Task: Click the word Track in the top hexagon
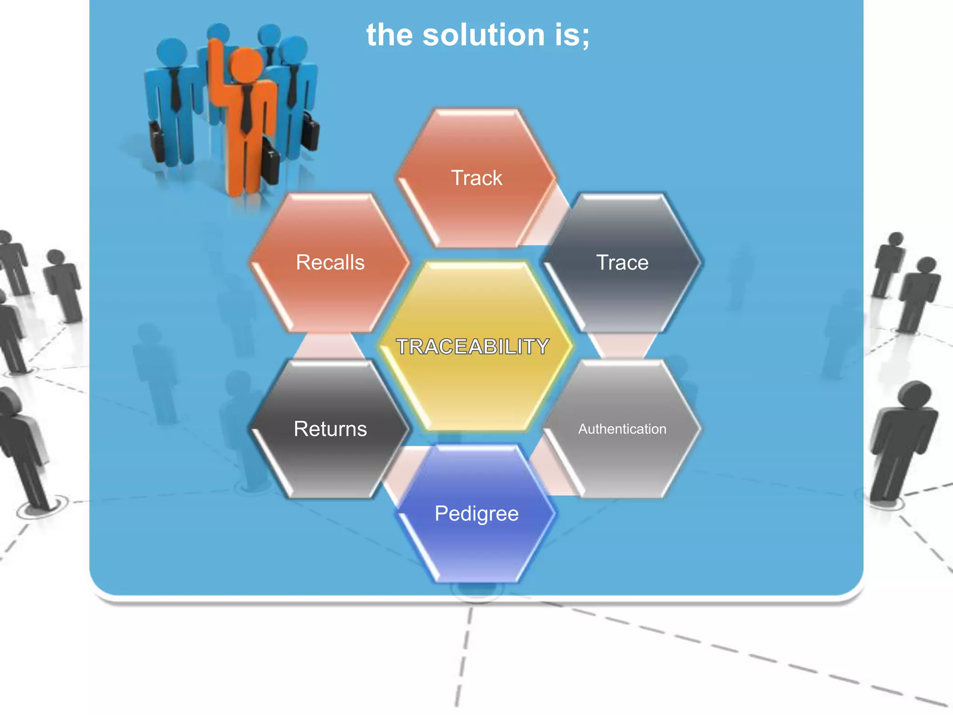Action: (x=476, y=178)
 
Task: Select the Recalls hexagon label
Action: (x=330, y=263)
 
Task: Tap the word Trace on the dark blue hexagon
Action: (x=622, y=263)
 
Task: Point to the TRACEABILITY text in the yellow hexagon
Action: (x=472, y=346)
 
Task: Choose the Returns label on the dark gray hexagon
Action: (x=330, y=429)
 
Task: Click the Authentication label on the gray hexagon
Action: (x=622, y=429)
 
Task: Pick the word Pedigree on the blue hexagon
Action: (x=476, y=513)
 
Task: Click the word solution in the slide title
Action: (x=483, y=35)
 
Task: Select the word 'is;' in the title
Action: (x=572, y=35)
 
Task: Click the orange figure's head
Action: (x=246, y=65)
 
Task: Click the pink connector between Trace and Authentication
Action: (x=622, y=346)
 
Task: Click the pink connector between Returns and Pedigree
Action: (x=400, y=470)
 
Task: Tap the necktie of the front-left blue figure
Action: (x=175, y=88)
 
